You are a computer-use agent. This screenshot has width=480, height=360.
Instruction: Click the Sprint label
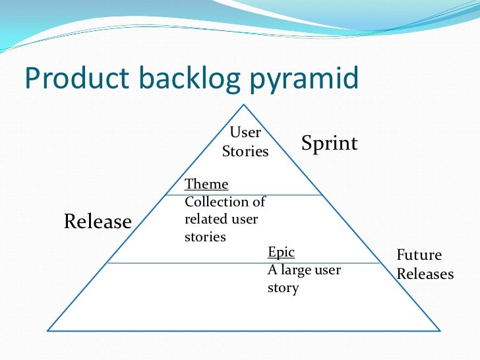330,143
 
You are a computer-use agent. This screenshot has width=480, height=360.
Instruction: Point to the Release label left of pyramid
98,222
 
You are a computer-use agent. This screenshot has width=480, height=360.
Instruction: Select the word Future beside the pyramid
419,255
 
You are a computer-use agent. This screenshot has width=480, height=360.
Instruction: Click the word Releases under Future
425,274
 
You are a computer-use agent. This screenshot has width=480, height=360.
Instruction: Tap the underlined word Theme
206,184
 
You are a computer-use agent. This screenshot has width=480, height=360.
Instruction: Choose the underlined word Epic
281,252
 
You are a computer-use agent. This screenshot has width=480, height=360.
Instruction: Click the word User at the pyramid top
245,133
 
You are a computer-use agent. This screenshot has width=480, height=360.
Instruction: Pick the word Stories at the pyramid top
245,152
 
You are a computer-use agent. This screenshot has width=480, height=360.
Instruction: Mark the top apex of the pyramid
245,104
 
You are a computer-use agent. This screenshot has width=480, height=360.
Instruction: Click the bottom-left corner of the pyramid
48,330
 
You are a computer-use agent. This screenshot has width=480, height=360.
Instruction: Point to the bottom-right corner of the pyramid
442,330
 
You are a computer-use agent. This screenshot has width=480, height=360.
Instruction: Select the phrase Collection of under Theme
225,202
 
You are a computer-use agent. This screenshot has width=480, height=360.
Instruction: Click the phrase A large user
304,270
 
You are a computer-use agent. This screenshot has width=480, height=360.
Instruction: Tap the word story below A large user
283,287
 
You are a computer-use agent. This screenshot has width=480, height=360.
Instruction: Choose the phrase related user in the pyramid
221,219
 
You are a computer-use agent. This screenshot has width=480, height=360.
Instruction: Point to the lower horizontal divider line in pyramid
185,263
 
